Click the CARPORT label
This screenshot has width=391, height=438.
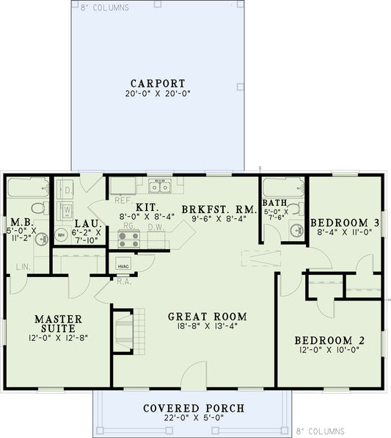tap(157, 83)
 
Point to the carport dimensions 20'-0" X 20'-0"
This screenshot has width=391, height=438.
tap(157, 94)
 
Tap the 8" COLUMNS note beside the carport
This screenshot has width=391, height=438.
tap(103, 8)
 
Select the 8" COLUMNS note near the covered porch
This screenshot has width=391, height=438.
tap(321, 431)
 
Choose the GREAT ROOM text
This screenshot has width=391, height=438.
tap(207, 317)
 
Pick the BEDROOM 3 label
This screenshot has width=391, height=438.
tap(345, 223)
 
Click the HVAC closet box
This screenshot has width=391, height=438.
tap(122, 262)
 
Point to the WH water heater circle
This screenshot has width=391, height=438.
tap(62, 235)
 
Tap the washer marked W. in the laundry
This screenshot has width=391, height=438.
tap(66, 209)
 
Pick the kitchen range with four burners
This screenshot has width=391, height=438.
tap(128, 237)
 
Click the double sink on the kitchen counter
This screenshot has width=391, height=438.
tap(159, 185)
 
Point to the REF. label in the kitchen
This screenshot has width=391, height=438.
tap(122, 199)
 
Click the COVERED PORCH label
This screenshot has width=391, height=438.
tap(194, 408)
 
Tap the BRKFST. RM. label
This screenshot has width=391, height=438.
tap(219, 209)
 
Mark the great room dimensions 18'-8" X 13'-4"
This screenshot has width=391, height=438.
tap(207, 328)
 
